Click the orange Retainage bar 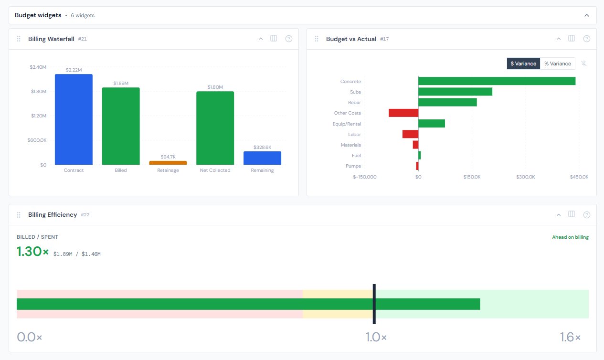168,163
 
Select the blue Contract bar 74,119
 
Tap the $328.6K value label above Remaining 262,148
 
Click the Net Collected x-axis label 215,170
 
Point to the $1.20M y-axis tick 38,116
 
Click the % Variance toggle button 557,64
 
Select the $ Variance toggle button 523,64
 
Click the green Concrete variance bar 497,81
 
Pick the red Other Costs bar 403,113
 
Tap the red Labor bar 410,134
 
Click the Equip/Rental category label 347,124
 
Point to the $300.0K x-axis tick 525,177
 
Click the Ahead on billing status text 570,237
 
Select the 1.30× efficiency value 32,252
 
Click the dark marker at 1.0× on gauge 374,304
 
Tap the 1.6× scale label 570,337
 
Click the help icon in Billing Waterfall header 288,39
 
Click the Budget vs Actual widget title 351,39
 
